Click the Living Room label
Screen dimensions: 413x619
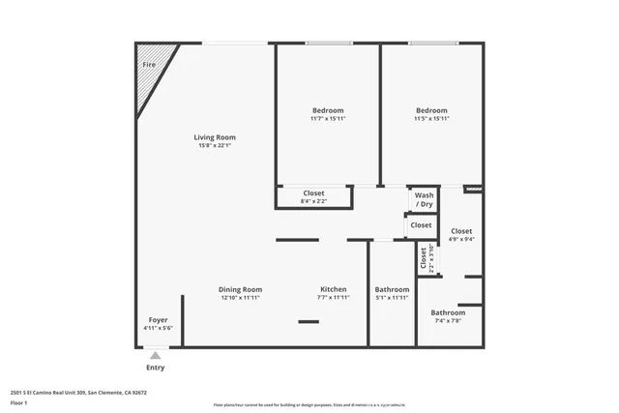214,137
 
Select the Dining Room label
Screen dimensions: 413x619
240,289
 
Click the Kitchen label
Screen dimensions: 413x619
333,289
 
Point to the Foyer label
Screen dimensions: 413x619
158,319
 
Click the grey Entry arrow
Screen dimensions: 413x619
155,356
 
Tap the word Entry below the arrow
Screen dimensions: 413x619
155,368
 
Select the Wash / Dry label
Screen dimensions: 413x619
424,200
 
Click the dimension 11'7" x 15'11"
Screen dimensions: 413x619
327,119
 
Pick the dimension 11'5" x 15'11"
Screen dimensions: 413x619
431,119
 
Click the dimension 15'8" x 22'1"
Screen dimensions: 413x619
214,146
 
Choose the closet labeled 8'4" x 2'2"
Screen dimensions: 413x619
313,201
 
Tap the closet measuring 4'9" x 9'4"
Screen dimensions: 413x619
461,240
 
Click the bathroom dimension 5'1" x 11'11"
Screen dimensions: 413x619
392,298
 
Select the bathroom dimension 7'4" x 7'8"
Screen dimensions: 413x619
448,321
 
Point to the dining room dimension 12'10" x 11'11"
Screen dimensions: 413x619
240,298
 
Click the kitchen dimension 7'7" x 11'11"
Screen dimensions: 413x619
333,298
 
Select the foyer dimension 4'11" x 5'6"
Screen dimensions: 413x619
158,328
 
